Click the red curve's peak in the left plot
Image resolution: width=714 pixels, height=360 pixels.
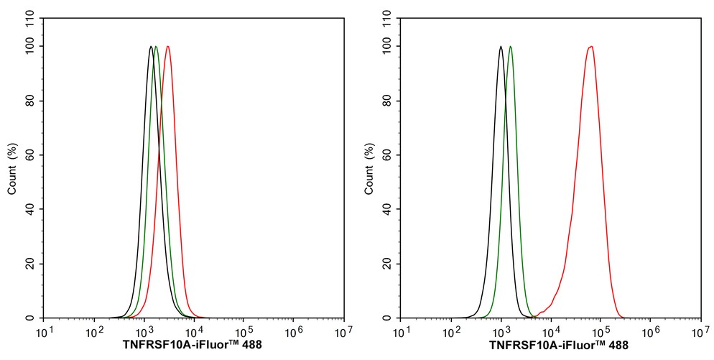[167, 47]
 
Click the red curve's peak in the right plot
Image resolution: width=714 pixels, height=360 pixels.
[590, 47]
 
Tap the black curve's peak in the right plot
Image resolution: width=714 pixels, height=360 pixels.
[501, 47]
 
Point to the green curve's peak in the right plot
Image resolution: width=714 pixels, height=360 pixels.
[510, 47]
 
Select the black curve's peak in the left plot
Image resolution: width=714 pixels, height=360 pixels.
[151, 47]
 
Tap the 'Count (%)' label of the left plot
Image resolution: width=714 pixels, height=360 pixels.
[12, 169]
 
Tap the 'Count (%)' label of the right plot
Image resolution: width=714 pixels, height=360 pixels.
[369, 169]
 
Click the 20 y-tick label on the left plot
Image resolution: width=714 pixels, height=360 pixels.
[30, 264]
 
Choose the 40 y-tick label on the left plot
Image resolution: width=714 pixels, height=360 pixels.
[30, 210]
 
